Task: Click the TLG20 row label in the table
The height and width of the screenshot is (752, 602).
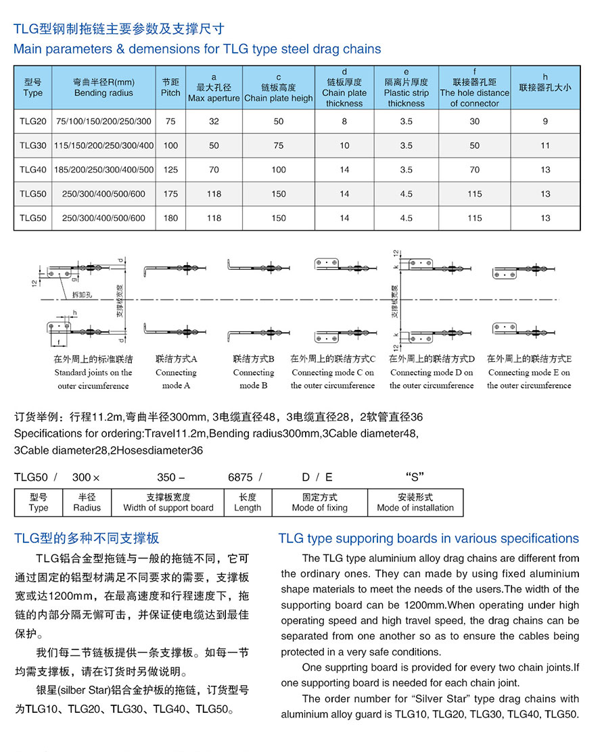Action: [x=32, y=122]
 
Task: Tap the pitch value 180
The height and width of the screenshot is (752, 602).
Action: [x=170, y=218]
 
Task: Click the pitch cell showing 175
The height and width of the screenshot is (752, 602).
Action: [x=170, y=194]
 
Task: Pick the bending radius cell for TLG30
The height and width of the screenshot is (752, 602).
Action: [x=104, y=145]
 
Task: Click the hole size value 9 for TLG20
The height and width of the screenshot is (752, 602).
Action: [x=545, y=122]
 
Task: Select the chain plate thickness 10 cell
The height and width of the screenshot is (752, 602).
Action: [x=344, y=145]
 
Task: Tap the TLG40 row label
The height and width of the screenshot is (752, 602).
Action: [x=32, y=170]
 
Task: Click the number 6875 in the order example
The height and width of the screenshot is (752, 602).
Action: [x=240, y=477]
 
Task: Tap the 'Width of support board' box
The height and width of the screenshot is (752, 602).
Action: [x=168, y=502]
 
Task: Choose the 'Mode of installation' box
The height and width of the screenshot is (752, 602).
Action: [x=415, y=502]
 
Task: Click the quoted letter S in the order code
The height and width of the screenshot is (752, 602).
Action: [x=414, y=476]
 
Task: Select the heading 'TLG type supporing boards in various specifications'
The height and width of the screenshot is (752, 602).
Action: [x=428, y=538]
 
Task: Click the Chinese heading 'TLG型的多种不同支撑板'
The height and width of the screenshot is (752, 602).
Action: [x=87, y=538]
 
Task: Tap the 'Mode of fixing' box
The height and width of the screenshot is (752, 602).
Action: [x=319, y=502]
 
